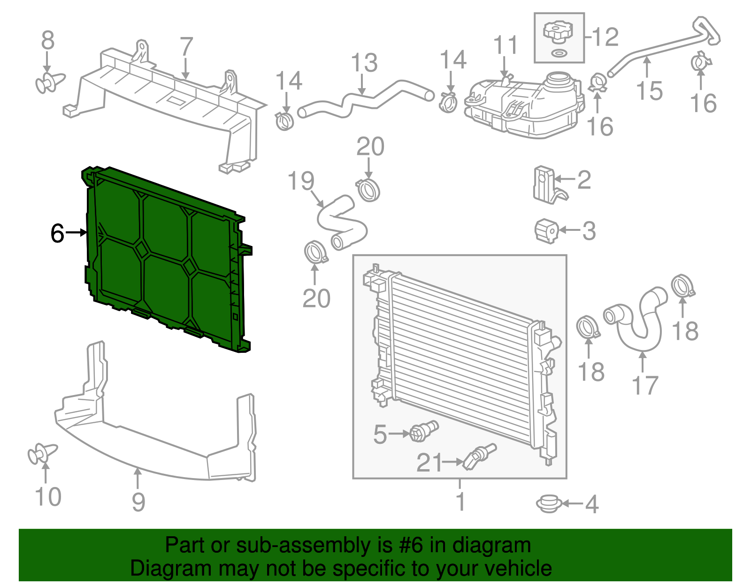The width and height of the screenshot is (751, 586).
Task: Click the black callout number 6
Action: point(57,233)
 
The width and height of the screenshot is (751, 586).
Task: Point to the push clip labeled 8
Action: point(50,83)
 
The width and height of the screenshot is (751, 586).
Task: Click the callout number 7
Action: point(186,47)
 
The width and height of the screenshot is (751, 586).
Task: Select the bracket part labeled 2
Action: point(544,185)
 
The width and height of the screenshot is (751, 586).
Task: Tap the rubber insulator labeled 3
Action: point(546,231)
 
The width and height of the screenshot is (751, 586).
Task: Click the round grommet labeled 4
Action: point(548,504)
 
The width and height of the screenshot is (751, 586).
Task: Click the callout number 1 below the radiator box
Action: point(460,501)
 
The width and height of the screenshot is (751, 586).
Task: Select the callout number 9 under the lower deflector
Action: point(138,502)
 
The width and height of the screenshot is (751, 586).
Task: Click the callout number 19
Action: point(301,181)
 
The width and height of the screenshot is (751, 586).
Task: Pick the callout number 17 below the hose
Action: point(645,386)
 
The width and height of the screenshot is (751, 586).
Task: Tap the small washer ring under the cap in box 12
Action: point(558,53)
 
